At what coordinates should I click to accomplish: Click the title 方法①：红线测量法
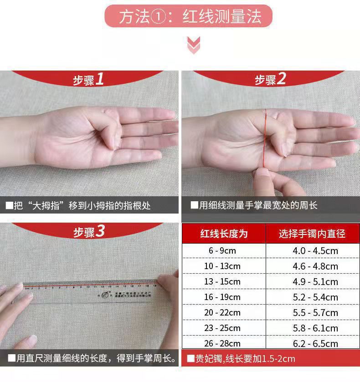(x=189, y=17)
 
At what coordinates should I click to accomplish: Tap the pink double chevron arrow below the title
(x=194, y=45)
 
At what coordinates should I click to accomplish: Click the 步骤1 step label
(x=89, y=80)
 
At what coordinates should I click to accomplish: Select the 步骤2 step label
(x=270, y=80)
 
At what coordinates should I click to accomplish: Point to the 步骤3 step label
(x=89, y=232)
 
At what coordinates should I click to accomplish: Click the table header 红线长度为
(x=224, y=234)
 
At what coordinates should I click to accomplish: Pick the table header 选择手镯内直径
(x=312, y=234)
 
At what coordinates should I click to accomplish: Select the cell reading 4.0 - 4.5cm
(x=315, y=250)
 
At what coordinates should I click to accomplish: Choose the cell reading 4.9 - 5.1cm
(x=315, y=281)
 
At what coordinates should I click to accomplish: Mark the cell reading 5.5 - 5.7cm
(x=315, y=312)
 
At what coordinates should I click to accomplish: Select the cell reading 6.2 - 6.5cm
(x=315, y=343)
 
